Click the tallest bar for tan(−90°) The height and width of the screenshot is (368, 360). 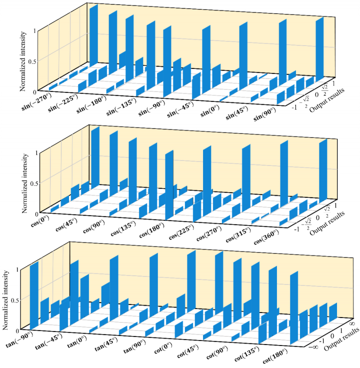tap(34, 295)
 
